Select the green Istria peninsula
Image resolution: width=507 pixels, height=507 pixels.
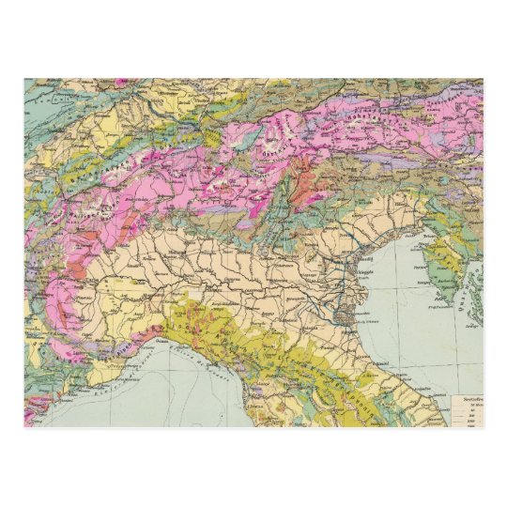447,263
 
